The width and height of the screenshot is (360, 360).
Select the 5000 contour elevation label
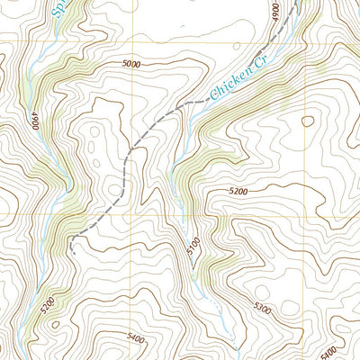tap(132, 64)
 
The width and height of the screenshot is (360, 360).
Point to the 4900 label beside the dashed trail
tap(275, 15)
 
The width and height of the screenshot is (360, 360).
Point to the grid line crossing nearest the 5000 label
tap(135, 38)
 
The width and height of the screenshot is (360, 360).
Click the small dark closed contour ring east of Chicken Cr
tap(307, 121)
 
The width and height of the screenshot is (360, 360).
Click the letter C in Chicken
tap(213, 94)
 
